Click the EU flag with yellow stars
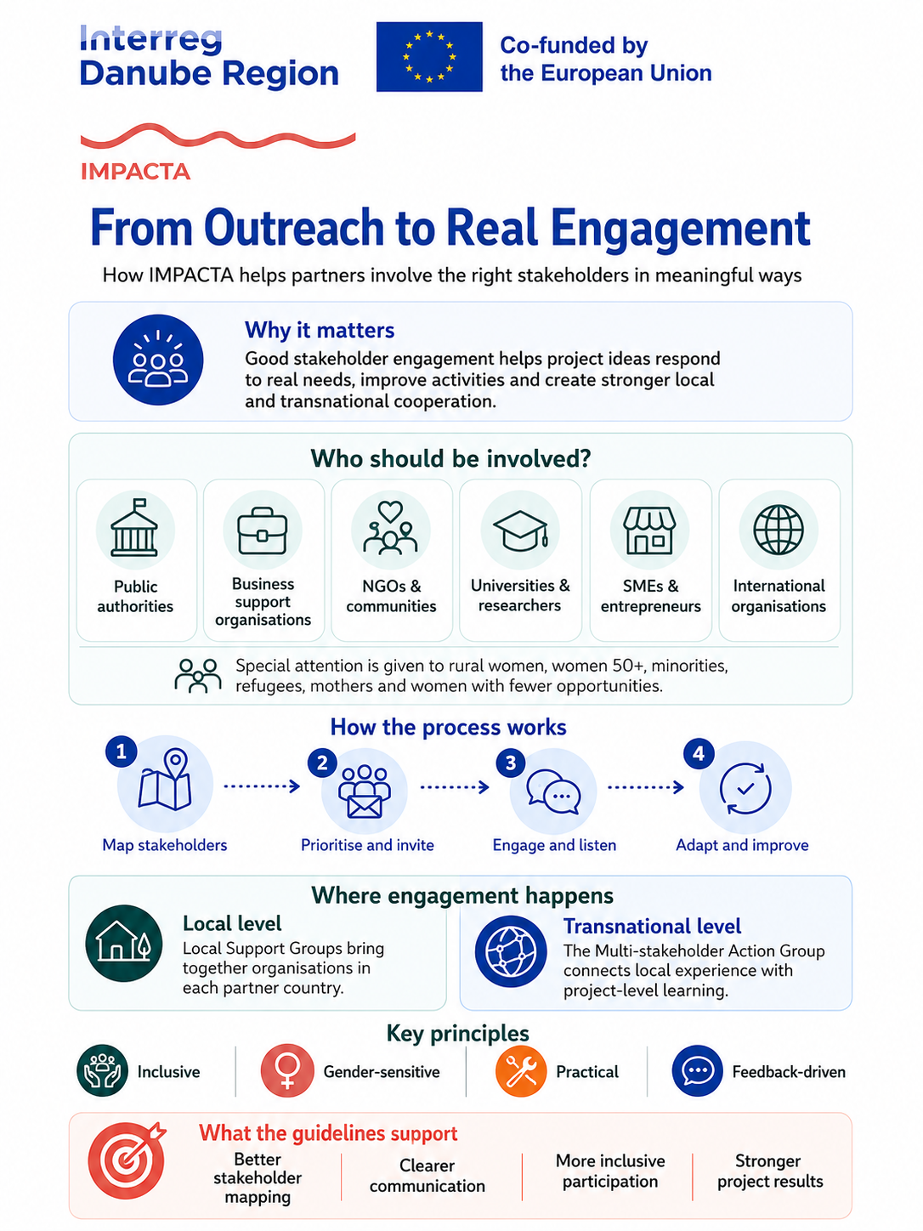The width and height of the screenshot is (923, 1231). pyautogui.click(x=428, y=57)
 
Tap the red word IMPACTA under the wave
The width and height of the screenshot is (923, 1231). pyautogui.click(x=136, y=172)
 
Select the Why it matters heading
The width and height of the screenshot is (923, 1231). pyautogui.click(x=320, y=331)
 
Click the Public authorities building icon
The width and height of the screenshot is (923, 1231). pyautogui.click(x=134, y=527)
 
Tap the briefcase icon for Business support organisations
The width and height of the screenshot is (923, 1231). pyautogui.click(x=263, y=530)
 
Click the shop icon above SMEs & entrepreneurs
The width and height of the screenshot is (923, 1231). pyautogui.click(x=649, y=530)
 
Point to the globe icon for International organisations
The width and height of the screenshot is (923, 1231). pyautogui.click(x=779, y=530)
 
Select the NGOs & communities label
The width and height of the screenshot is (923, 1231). pyautogui.click(x=391, y=596)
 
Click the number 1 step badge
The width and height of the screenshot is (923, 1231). pyautogui.click(x=121, y=752)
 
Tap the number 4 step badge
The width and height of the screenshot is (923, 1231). pyautogui.click(x=699, y=753)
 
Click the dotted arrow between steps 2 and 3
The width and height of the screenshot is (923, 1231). pyautogui.click(x=455, y=787)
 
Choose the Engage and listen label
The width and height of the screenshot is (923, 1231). pyautogui.click(x=554, y=845)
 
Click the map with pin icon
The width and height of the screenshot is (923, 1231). pyautogui.click(x=165, y=780)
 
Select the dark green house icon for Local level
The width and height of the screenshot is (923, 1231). pyautogui.click(x=124, y=944)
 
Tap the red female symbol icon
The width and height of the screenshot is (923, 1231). pyautogui.click(x=287, y=1071)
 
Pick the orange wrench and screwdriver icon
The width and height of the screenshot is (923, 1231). pyautogui.click(x=521, y=1071)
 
